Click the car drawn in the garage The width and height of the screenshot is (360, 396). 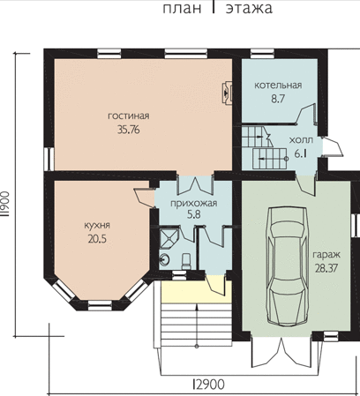pos(288,266)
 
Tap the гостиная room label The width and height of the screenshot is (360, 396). pos(129,116)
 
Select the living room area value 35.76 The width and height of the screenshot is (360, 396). pos(129,130)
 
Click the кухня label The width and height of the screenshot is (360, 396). pos(97,225)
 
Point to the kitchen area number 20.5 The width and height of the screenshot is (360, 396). pos(97,239)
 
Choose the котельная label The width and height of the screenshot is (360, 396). pos(278,86)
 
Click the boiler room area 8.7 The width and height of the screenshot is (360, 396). pos(278,99)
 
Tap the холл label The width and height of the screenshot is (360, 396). pos(301,140)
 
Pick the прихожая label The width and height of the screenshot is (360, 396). pos(194,203)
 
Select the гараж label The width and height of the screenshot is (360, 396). pos(326,255)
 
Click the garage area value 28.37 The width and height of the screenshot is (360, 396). pos(326,268)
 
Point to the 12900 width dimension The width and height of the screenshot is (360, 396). pos(209,385)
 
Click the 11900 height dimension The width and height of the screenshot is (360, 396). pos(5,204)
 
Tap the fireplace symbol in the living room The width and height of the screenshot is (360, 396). pos(227,93)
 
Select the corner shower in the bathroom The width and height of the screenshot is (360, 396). pos(169,236)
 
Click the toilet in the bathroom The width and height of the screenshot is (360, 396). pos(186,262)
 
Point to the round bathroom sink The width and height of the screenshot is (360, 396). pos(164,260)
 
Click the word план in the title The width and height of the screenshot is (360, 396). pos(182,8)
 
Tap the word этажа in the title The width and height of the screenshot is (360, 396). pos(249,8)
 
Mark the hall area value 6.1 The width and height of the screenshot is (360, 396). pos(301,153)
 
